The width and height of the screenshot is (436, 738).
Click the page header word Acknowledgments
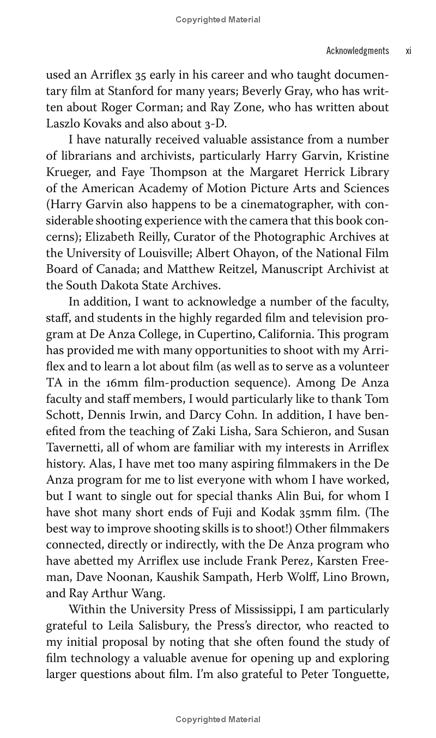point(357,51)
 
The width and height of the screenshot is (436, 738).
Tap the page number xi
point(408,51)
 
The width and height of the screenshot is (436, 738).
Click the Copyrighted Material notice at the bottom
point(218,719)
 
